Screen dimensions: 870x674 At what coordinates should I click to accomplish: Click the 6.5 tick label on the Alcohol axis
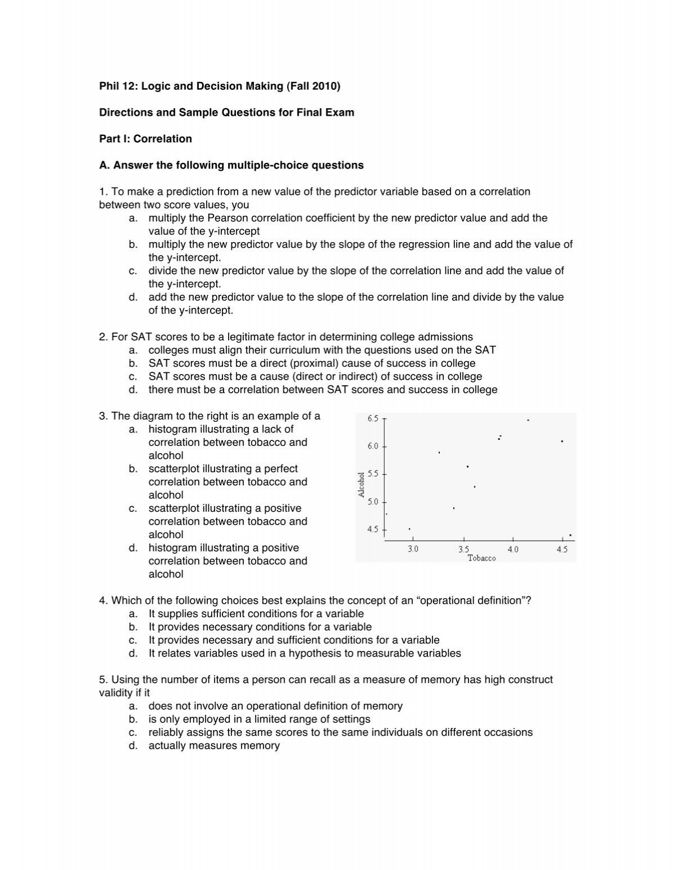click(x=373, y=418)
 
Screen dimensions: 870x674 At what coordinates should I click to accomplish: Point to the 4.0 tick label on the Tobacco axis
click(x=513, y=549)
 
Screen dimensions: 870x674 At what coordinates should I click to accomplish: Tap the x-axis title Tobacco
click(x=482, y=558)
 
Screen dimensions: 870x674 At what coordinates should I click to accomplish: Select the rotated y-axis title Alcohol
click(x=362, y=484)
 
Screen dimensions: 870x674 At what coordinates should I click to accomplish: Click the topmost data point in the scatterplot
click(x=528, y=420)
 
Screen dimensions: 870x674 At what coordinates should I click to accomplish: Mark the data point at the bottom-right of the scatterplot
click(x=570, y=535)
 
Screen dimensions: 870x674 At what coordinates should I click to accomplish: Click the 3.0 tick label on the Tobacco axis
click(x=413, y=549)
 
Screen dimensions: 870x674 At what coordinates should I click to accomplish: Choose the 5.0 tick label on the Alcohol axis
click(x=373, y=502)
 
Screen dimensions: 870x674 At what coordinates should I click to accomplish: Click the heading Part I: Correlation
click(x=145, y=139)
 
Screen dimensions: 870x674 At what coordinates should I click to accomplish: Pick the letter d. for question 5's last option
click(x=133, y=746)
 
